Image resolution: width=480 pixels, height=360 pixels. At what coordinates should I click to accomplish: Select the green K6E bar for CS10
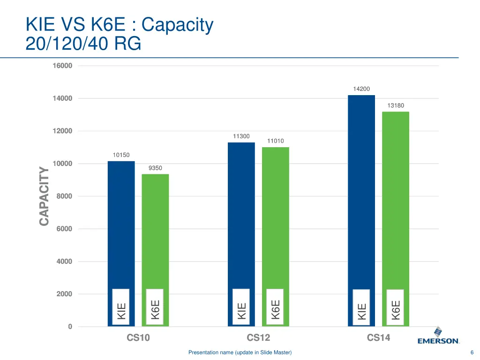coord(155,230)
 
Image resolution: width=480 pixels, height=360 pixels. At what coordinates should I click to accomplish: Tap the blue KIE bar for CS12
coord(241,211)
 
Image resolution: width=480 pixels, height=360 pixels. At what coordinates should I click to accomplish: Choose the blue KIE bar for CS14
coord(361,187)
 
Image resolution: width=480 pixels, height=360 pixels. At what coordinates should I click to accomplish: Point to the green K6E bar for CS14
coord(396,197)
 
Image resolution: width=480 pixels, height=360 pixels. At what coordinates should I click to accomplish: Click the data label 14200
coord(361,89)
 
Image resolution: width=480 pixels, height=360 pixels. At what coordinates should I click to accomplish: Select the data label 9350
coord(155,168)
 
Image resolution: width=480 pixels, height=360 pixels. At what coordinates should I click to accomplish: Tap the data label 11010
coord(275,141)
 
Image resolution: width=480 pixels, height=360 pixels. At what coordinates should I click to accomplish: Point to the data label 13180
coord(396,105)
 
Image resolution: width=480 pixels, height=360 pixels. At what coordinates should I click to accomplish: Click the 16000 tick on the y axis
coord(62,66)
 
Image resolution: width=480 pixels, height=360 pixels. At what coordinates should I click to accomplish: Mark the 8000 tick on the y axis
coord(64,196)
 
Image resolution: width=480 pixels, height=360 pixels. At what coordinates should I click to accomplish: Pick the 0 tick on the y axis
coord(70,327)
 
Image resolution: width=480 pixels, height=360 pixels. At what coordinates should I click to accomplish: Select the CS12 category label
coord(258,337)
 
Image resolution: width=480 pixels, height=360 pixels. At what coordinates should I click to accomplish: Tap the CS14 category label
coord(378,337)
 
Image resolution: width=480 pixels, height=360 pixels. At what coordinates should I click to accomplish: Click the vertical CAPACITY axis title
coord(44,196)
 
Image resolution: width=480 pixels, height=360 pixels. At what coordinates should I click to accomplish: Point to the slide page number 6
coord(472,352)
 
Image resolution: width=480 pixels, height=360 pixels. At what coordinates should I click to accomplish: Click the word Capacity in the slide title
coord(177,25)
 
